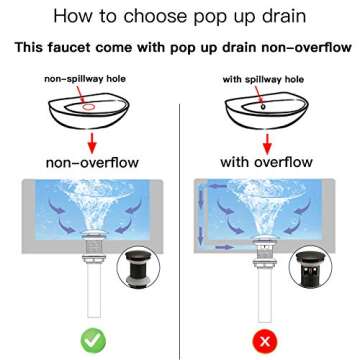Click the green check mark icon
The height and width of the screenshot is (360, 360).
pyautogui.click(x=93, y=341)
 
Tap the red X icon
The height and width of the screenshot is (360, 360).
pyautogui.click(x=265, y=341)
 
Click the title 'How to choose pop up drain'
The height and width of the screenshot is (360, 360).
pyautogui.click(x=180, y=16)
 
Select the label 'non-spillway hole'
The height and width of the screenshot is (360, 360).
pyautogui.click(x=85, y=79)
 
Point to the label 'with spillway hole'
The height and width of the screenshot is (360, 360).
pyautogui.click(x=263, y=80)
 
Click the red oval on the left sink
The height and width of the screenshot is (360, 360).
pyautogui.click(x=89, y=107)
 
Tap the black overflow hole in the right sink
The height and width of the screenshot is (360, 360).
pyautogui.click(x=263, y=107)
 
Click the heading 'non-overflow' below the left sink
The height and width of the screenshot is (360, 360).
pyautogui.click(x=92, y=163)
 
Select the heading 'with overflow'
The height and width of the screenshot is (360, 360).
pyautogui.click(x=266, y=162)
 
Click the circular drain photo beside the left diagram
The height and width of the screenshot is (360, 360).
pyautogui.click(x=138, y=267)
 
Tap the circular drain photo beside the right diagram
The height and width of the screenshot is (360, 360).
pyautogui.click(x=310, y=267)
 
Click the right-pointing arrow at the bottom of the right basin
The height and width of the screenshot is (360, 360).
pyautogui.click(x=224, y=247)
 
